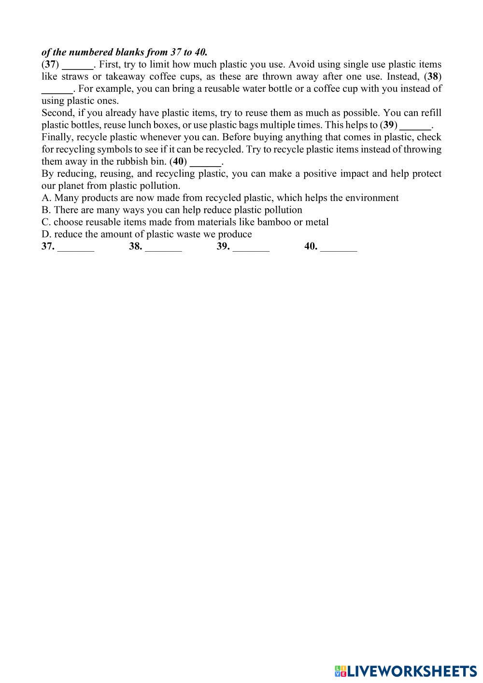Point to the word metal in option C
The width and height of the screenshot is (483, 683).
pos(317,222)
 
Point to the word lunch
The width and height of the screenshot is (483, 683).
pos(140,125)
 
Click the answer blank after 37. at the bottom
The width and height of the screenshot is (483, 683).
pos(76,247)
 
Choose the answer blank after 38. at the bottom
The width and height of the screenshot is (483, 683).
pos(163,247)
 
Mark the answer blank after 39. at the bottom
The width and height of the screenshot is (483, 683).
pos(251,247)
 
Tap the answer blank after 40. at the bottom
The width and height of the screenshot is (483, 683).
pos(339,247)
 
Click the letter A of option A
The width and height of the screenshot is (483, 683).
pos(45,198)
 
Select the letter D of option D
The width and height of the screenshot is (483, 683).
pos(45,234)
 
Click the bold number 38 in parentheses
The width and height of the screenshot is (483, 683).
pos(433,76)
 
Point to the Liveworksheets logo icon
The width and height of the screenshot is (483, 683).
pos(341,671)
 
